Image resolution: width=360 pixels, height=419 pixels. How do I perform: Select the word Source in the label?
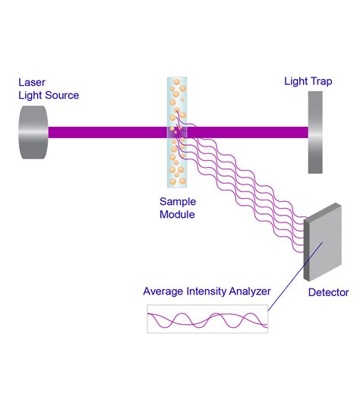pos(62,95)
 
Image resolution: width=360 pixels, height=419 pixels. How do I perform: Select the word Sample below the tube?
pos(177,202)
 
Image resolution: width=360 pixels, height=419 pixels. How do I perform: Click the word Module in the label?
pos(177,215)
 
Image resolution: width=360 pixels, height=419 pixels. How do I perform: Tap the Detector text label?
pos(328,291)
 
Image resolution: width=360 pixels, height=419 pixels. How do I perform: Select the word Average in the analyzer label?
pos(164,291)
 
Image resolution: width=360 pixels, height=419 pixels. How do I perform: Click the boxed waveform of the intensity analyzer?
pos(207,319)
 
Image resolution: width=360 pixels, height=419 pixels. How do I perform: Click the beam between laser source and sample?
pos(106,132)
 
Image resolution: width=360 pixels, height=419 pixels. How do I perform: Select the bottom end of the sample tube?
pos(176,190)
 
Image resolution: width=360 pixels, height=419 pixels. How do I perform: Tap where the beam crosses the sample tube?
pos(176,132)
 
